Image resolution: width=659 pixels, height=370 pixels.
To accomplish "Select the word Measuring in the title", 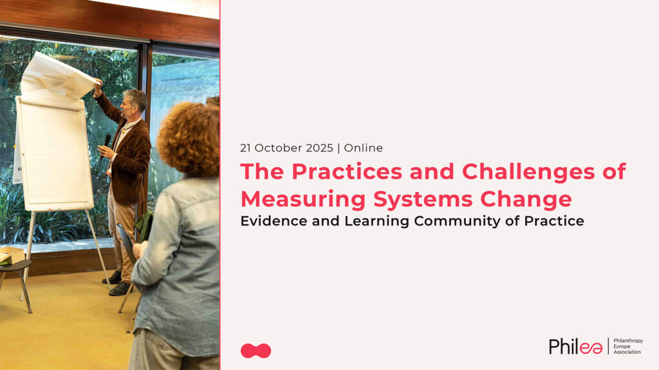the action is tap(303, 199).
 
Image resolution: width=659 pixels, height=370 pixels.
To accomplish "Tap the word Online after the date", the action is tap(363, 148).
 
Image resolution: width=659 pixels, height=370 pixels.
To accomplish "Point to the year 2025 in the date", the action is tap(319, 148).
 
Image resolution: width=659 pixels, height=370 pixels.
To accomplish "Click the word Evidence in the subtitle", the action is tap(274, 221).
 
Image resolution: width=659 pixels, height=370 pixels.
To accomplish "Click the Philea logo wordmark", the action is tap(575, 346).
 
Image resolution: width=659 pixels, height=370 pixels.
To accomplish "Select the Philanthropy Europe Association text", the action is tap(628, 346).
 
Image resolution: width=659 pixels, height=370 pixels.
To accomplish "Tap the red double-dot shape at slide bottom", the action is tap(255, 351).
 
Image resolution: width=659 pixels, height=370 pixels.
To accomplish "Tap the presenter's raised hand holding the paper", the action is tap(98, 86).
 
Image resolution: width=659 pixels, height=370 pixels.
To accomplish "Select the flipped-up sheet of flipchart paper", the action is tap(57, 80).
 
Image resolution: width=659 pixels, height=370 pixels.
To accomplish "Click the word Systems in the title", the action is tap(423, 200).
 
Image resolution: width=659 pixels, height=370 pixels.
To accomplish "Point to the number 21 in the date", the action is tap(245, 148).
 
